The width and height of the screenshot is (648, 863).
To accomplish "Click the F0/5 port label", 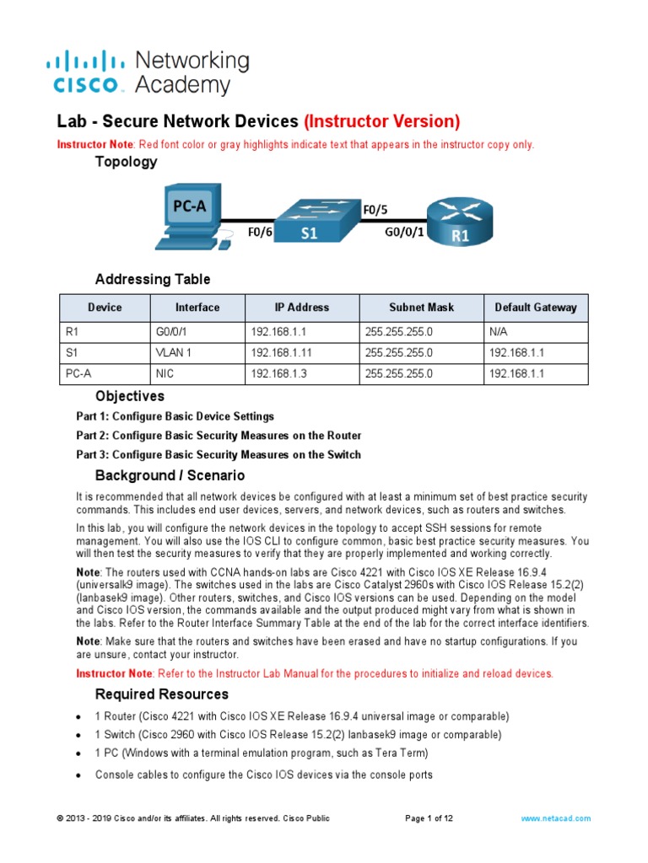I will pyautogui.click(x=376, y=207).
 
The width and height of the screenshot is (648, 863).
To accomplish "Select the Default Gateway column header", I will pyautogui.click(x=536, y=308).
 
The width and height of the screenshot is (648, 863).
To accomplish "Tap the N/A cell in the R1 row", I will pyautogui.click(x=499, y=331).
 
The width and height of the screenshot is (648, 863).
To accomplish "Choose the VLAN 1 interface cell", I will pyautogui.click(x=175, y=352).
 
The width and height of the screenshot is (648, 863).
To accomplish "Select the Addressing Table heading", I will pyautogui.click(x=153, y=279).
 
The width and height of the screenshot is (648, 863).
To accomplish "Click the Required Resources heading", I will pyautogui.click(x=161, y=694).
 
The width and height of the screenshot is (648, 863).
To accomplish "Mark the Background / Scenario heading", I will pyautogui.click(x=170, y=475).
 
